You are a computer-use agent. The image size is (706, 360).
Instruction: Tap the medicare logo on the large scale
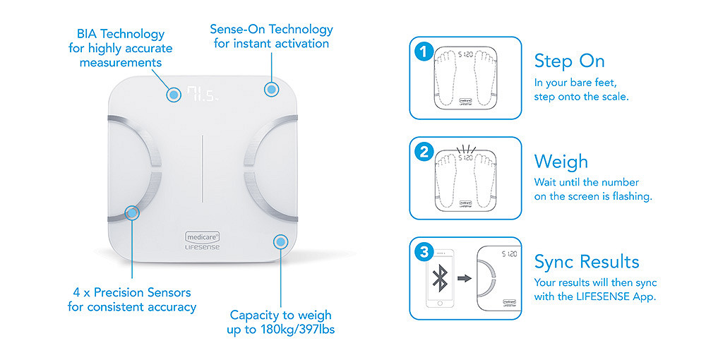203,236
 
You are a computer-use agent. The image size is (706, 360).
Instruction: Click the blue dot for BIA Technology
174,95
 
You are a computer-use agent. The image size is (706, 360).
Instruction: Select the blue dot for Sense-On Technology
271,90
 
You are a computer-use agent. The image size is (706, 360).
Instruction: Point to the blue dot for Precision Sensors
132,212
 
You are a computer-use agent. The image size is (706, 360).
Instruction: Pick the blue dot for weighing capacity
281,242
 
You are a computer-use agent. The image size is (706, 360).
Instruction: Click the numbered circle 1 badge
424,52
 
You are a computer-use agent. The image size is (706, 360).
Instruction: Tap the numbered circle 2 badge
424,152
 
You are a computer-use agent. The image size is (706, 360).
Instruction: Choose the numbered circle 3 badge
424,252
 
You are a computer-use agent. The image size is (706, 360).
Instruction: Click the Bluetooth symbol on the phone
440,277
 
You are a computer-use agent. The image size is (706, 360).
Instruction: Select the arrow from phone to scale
465,278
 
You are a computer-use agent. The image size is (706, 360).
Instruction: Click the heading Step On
569,61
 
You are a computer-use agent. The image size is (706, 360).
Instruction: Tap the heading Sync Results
587,262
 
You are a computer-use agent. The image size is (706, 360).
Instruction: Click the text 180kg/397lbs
298,330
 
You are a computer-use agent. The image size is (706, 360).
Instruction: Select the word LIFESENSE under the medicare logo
203,247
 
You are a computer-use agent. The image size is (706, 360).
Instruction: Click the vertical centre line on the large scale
202,168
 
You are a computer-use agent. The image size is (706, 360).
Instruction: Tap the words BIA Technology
121,34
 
